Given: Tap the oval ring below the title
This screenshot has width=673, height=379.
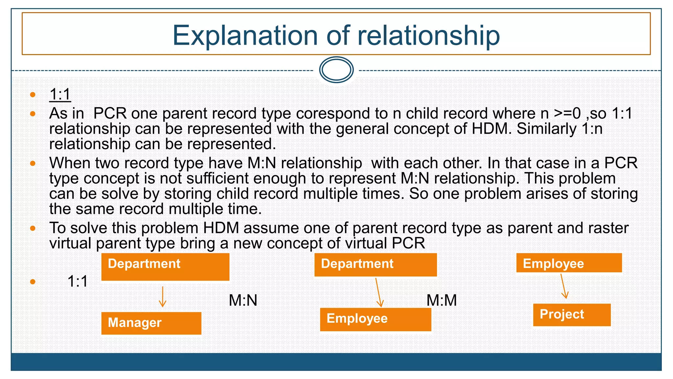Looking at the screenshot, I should [336, 70].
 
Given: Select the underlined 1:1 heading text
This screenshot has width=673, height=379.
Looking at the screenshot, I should [60, 94].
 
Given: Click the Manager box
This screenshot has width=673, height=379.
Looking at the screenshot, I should [151, 323].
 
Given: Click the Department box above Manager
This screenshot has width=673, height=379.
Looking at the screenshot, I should [165, 267].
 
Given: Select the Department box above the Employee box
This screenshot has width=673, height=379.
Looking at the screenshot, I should [375, 265].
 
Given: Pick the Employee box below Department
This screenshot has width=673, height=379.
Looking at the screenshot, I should [375, 319].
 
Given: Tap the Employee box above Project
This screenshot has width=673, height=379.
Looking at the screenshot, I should [569, 263].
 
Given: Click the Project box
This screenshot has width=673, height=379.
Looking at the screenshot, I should [571, 315].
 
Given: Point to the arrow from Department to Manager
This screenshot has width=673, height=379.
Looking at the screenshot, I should [162, 296].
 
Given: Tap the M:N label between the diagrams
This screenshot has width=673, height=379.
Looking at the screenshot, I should [243, 300].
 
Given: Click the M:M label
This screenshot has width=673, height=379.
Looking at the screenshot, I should [441, 300].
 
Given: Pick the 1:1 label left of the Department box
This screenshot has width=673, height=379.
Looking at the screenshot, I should [78, 282].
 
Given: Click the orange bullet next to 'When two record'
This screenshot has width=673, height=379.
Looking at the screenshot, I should [33, 163].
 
